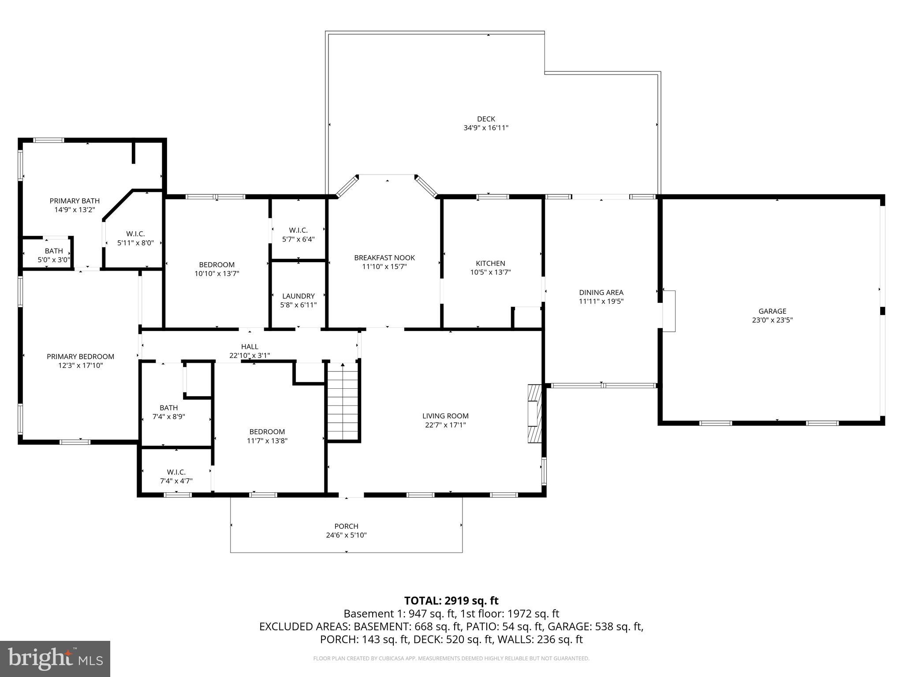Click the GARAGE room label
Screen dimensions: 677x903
click(772, 311)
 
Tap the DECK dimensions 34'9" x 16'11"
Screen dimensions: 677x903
click(486, 128)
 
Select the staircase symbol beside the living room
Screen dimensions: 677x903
click(343, 402)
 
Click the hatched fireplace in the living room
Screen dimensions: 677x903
click(534, 413)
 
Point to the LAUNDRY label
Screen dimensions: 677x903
click(299, 296)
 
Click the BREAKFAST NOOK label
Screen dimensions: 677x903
click(384, 257)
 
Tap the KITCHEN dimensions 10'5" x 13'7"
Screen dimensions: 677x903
click(490, 272)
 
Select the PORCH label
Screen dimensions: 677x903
click(346, 526)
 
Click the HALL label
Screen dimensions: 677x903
click(250, 347)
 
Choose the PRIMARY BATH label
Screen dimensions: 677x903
click(75, 201)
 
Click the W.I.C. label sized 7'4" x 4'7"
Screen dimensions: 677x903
click(176, 472)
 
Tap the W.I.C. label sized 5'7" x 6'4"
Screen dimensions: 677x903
click(299, 230)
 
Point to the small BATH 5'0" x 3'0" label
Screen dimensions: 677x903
click(54, 251)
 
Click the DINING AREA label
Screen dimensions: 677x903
click(601, 292)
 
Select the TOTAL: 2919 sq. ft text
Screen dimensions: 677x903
click(451, 600)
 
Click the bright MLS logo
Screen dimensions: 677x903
click(55, 658)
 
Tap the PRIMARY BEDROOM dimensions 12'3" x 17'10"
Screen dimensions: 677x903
click(80, 365)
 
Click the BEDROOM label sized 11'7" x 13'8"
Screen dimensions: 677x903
click(267, 431)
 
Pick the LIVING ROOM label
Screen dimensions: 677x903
click(445, 416)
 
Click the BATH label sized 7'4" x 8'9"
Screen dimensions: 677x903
click(168, 408)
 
